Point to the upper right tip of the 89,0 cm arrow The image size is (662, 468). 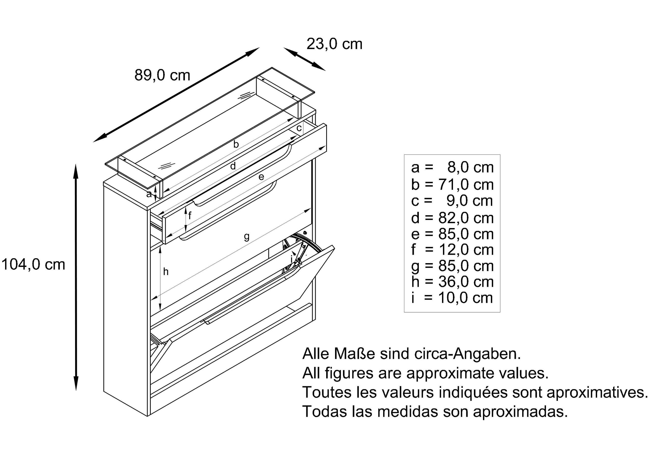click(259, 48)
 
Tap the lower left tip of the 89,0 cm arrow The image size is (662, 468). click(93, 142)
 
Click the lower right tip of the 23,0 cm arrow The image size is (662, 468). click(325, 70)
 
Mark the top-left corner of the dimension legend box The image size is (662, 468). click(404, 155)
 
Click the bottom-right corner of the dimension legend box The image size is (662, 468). click(500, 312)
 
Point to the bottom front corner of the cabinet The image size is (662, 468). click(148, 416)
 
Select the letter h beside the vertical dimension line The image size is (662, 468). click(166, 272)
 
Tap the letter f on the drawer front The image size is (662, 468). click(190, 215)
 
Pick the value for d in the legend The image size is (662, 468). click(466, 218)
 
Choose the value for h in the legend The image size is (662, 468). click(466, 281)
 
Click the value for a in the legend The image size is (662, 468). click(471, 167)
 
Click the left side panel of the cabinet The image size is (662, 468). click(126, 297)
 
